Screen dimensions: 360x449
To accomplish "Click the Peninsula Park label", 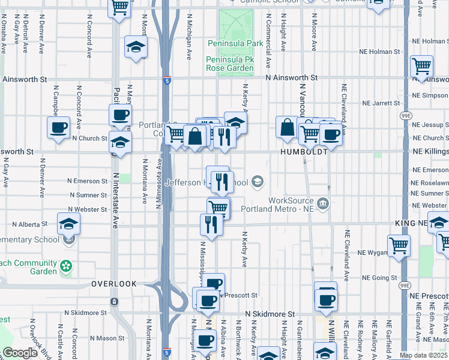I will coord(235,44).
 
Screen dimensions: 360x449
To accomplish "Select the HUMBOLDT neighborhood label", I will coord(304,152).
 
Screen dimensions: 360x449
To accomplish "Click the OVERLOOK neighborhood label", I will coord(114,283).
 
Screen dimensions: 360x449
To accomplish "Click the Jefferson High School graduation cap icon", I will coord(257,181).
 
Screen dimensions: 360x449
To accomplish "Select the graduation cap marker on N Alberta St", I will coord(68,224).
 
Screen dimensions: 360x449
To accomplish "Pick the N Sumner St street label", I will coord(88,195).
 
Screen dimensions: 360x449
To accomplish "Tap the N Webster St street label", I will coord(88,209).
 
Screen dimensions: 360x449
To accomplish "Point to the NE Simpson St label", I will coord(431,95).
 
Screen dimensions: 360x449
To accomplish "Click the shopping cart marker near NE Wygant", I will coord(399,245).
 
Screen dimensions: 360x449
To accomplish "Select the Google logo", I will coord(20,353).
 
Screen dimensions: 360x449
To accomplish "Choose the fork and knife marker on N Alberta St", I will coord(211,224).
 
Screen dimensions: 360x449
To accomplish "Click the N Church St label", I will coord(89,138).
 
